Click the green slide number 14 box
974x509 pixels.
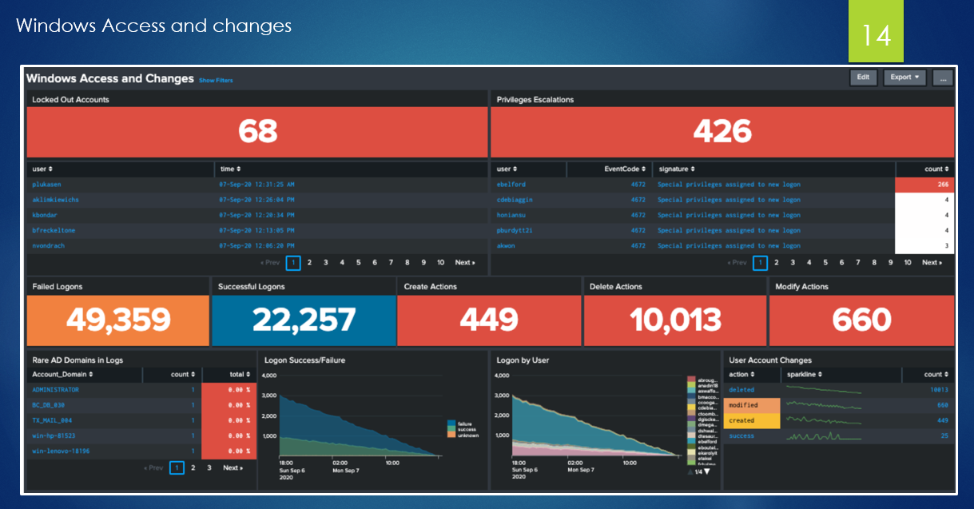[x=876, y=34]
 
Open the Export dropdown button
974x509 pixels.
[x=904, y=78]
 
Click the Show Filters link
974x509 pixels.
[x=216, y=81]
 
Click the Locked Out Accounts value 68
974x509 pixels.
[x=257, y=131]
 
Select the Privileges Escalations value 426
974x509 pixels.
[x=722, y=131]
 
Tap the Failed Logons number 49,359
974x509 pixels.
[x=118, y=320]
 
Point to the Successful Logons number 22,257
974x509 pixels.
[x=304, y=320]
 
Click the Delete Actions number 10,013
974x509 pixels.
[x=675, y=320]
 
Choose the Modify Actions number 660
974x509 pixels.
[x=861, y=320]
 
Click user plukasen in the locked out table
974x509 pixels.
[x=48, y=185]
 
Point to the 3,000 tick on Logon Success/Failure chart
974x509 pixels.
[x=269, y=396]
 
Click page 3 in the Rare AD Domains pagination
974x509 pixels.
[x=209, y=467]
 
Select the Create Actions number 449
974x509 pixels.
[x=489, y=320]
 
